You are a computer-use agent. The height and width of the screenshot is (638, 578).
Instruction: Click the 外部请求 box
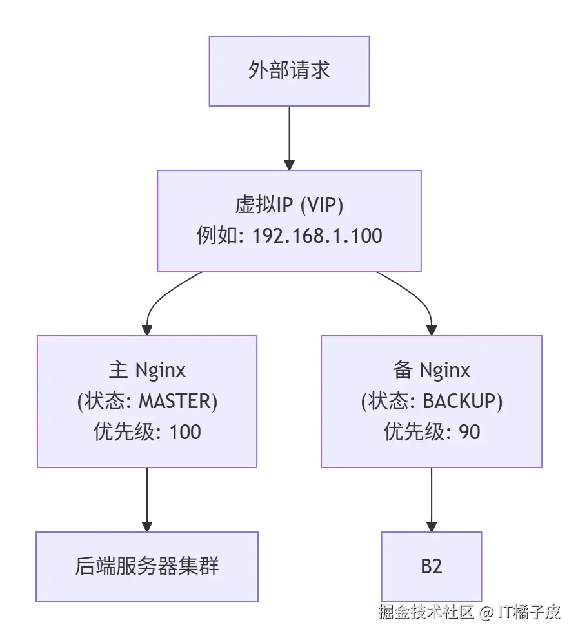tap(289, 70)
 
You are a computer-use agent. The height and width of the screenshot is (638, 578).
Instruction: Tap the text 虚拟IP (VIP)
tap(289, 205)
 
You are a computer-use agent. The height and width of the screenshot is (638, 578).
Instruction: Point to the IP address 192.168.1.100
tap(317, 236)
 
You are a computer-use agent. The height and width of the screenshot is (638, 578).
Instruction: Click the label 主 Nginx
tap(147, 370)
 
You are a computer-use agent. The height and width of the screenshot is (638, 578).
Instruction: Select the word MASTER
tap(175, 401)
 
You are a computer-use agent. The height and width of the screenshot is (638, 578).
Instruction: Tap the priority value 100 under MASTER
tap(185, 431)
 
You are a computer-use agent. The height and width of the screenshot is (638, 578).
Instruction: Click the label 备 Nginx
tap(432, 370)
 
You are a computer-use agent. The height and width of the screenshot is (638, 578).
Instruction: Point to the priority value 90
tap(470, 431)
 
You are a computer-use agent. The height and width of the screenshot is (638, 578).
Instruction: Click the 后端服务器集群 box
tap(147, 567)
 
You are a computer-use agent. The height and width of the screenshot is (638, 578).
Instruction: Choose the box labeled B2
tap(432, 567)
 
